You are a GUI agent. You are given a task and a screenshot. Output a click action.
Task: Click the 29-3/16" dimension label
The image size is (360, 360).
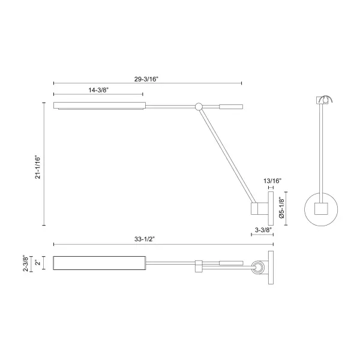point(148,78)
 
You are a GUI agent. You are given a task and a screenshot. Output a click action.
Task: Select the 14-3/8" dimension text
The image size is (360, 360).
point(98,89)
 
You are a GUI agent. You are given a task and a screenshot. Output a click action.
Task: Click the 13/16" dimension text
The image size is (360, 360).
point(272,181)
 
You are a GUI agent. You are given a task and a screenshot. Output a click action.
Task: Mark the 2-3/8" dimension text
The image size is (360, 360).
point(25,264)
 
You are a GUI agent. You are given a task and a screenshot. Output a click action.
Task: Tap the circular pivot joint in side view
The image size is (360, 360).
point(199,107)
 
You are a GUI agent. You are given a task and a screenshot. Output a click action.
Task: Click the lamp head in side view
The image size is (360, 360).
point(99,106)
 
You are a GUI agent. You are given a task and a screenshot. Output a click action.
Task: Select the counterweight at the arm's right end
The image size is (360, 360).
point(231,107)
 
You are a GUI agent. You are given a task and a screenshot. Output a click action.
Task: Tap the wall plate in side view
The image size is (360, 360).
point(271,208)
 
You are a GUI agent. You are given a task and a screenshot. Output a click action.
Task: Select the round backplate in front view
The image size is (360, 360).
point(322,208)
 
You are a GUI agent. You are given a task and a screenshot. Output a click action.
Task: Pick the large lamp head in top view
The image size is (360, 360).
point(98,264)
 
